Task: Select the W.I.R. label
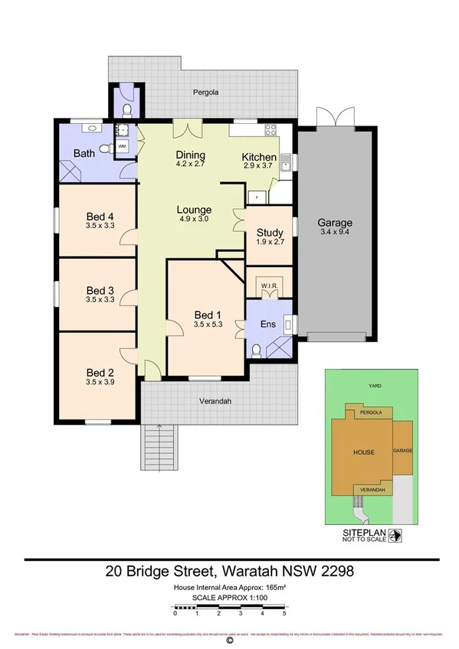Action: click(268, 286)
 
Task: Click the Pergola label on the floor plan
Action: click(206, 92)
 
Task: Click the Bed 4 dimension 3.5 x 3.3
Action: click(100, 226)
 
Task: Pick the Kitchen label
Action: click(259, 158)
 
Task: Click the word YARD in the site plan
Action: click(375, 386)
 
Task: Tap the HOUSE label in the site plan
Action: click(363, 452)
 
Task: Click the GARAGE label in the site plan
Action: click(403, 451)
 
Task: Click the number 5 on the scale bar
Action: click(284, 614)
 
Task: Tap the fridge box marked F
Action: click(257, 197)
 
